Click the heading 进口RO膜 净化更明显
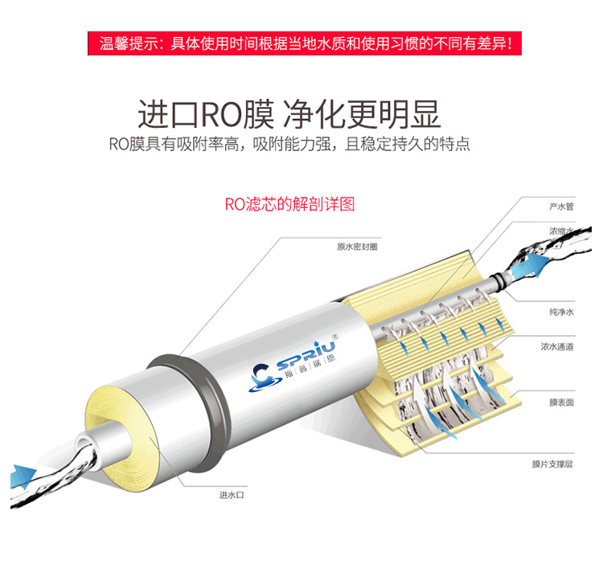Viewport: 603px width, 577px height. [289, 114]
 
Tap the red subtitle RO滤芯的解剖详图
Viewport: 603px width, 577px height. [289, 204]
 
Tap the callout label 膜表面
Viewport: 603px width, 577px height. [560, 402]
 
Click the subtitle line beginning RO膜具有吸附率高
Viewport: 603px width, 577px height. [289, 145]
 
